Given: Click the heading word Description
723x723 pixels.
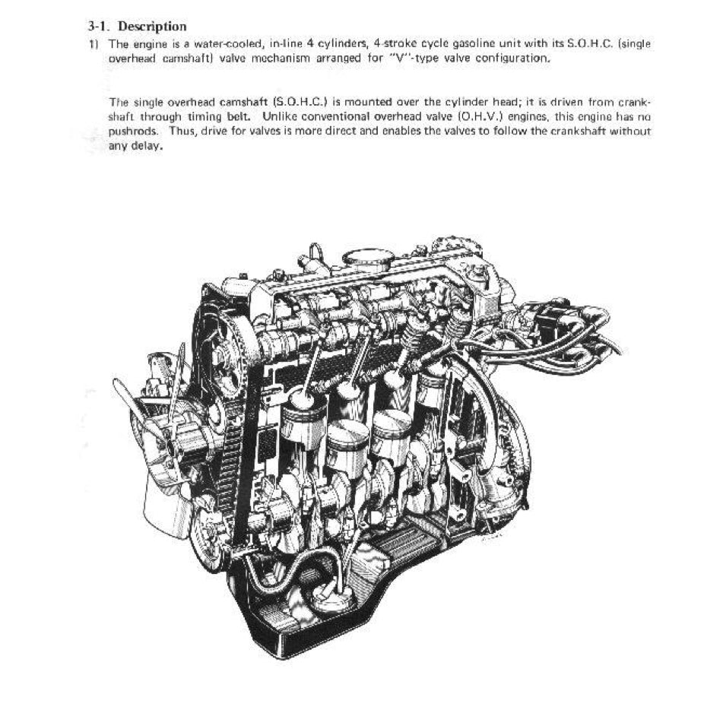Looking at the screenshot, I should [x=154, y=27].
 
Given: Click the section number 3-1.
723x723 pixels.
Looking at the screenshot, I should [x=101, y=27].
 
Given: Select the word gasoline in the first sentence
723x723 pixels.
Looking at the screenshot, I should [x=452, y=45].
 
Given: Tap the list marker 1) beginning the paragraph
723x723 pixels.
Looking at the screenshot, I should [x=94, y=45].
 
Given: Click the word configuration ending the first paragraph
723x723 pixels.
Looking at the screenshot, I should [x=512, y=59].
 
